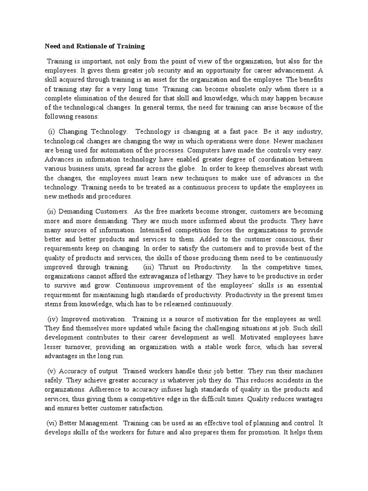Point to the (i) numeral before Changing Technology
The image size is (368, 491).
click(52, 131)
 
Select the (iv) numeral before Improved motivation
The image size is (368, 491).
click(53, 319)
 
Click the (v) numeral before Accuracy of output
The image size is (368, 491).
click(52, 371)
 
